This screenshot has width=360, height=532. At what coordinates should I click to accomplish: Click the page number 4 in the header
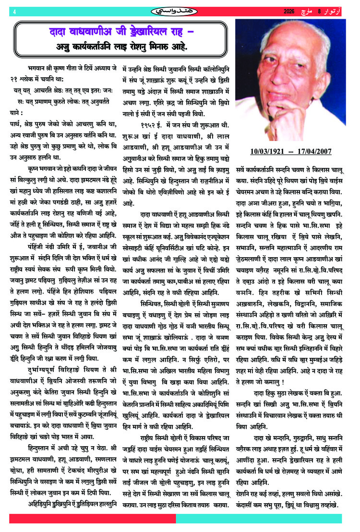pos(15,11)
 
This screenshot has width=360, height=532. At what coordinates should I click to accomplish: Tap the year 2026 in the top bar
pos(288,11)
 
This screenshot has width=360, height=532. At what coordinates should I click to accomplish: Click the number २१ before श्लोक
pos(18,78)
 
